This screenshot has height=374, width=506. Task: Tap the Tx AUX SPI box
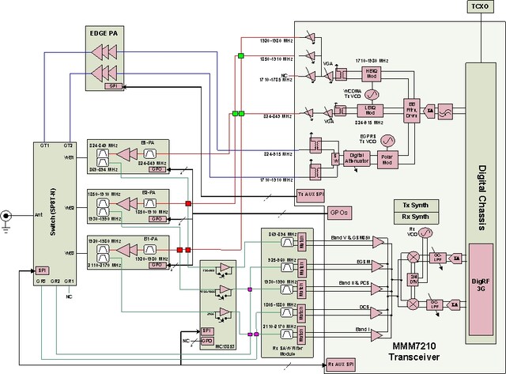coord(311,193)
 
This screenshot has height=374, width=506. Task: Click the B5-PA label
coord(148,143)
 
